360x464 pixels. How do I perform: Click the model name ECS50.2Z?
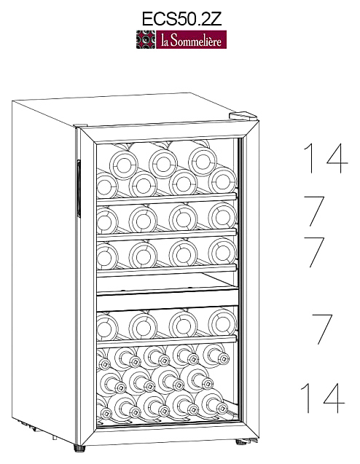[181, 18]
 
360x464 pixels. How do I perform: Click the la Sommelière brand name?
[191, 40]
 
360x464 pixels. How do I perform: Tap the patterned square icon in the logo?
[145, 39]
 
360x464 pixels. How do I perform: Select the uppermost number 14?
[326, 158]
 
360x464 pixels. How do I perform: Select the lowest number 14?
[323, 398]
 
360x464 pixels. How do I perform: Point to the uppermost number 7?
[315, 211]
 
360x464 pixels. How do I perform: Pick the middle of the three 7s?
[315, 253]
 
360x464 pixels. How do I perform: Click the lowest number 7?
[322, 329]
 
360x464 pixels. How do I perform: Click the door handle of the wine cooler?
[79, 189]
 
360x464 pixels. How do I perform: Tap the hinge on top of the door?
[243, 115]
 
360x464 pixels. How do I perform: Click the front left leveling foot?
[79, 448]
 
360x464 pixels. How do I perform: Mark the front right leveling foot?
[242, 442]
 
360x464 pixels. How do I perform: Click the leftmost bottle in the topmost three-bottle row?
[124, 165]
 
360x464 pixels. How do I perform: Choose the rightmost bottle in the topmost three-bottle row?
[203, 162]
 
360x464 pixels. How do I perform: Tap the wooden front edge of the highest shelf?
[167, 199]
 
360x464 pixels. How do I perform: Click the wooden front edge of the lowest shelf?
[167, 342]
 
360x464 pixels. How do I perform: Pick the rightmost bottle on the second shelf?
[222, 216]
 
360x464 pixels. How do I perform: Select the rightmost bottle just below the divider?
[222, 323]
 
